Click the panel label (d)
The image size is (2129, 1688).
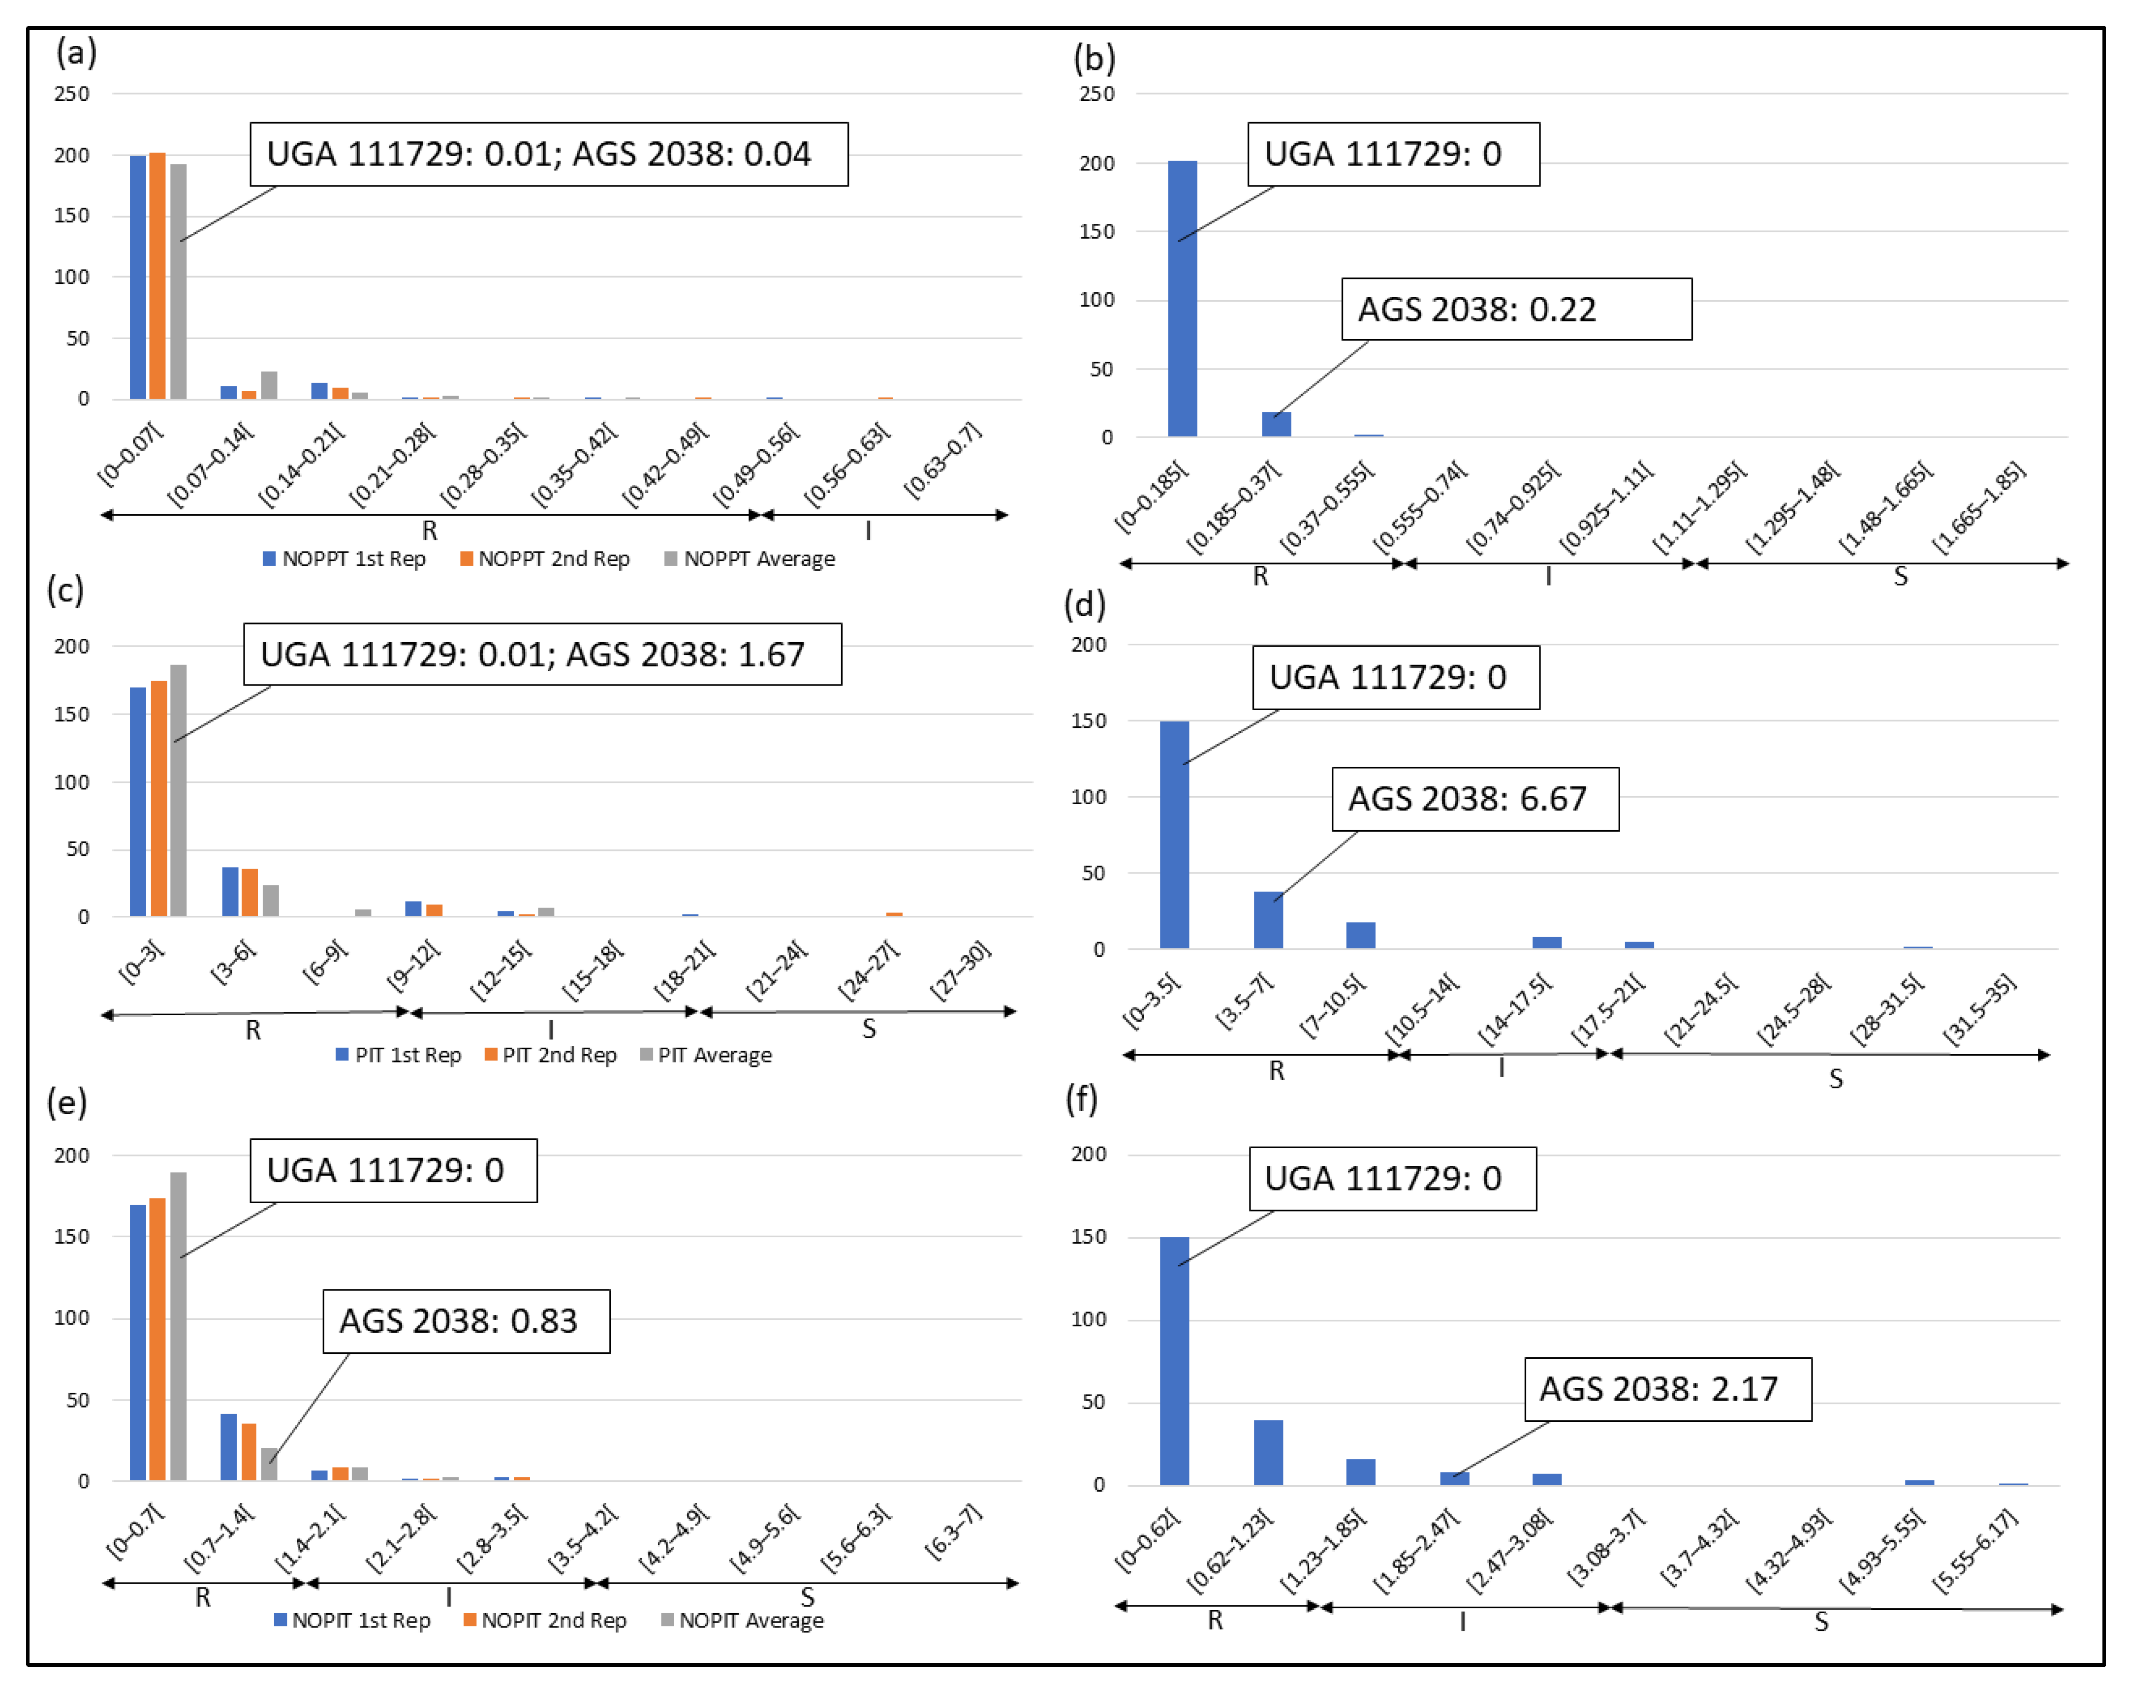(x=1084, y=603)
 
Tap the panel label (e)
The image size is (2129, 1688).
(x=66, y=1101)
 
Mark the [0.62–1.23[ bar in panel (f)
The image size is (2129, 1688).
(x=1268, y=1452)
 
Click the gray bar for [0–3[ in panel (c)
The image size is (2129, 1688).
(x=178, y=790)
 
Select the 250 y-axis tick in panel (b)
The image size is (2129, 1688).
(x=1096, y=94)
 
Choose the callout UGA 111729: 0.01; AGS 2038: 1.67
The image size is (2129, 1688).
(x=542, y=654)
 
